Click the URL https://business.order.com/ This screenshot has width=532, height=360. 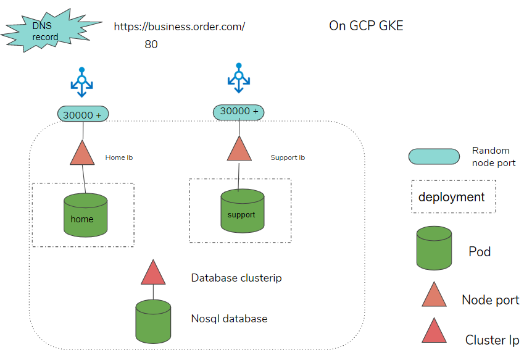point(179,27)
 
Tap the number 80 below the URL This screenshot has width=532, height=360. point(151,44)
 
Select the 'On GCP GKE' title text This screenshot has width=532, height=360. point(366,26)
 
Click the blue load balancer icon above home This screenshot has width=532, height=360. point(82,82)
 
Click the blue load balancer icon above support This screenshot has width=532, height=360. point(238,78)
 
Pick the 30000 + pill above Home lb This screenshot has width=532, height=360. point(83,114)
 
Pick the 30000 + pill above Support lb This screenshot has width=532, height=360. point(239,112)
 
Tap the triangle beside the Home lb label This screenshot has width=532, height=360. point(82,154)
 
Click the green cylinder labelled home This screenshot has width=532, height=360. point(85,216)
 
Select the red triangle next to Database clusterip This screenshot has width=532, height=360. point(153,274)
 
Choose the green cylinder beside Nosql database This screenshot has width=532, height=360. point(153,321)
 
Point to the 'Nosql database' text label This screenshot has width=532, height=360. point(229,319)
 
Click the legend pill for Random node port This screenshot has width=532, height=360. point(434,156)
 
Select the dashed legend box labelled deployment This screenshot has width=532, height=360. point(454,197)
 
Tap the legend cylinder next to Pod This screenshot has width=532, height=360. point(434,248)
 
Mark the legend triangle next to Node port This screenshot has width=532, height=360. point(434,296)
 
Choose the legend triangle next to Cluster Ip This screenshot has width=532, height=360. point(434,332)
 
